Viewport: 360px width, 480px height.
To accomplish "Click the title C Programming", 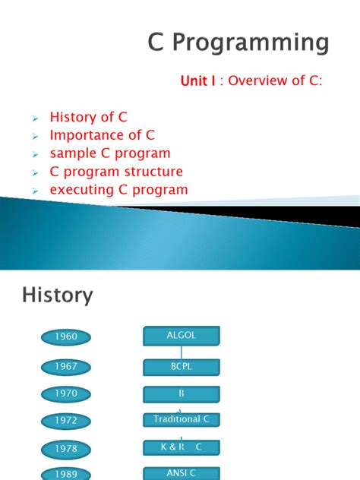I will pos(238,43).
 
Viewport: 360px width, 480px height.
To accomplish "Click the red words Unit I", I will pos(198,81).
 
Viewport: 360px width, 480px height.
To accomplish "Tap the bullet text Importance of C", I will pos(102,135).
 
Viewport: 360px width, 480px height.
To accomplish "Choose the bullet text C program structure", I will pos(116,172).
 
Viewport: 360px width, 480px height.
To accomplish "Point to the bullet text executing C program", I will pos(118,190).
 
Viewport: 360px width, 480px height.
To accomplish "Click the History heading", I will pos(58,295).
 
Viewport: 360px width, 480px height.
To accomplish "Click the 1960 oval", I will pos(66,336).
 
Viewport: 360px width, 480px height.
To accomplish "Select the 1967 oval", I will pos(66,366).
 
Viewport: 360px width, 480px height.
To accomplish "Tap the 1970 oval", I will pos(66,393).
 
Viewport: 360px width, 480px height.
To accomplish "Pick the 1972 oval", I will pos(66,420).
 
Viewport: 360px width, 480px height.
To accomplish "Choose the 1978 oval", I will pos(66,448).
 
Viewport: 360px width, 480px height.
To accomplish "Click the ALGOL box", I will pos(182,335).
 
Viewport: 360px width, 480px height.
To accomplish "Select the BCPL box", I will pos(182,367).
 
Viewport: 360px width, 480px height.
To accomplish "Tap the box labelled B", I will pos(182,394).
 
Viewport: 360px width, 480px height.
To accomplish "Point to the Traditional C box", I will pos(182,419).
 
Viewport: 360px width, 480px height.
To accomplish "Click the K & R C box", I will pos(182,447).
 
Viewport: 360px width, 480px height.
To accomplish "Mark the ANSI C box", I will pos(182,473).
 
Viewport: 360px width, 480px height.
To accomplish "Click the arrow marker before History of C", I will pos(35,118).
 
